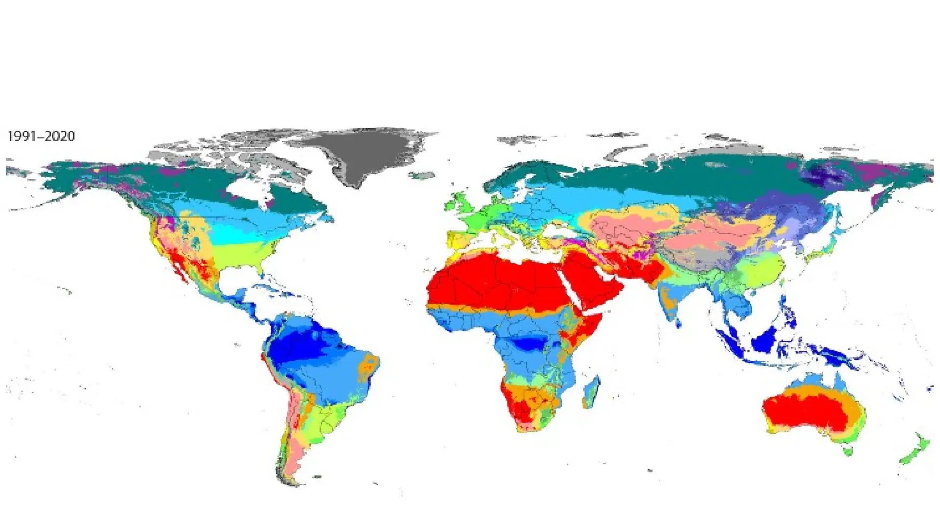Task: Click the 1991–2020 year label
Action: [x=42, y=136]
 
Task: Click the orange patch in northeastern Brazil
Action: [x=370, y=365]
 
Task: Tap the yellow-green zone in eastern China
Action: [x=759, y=269]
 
